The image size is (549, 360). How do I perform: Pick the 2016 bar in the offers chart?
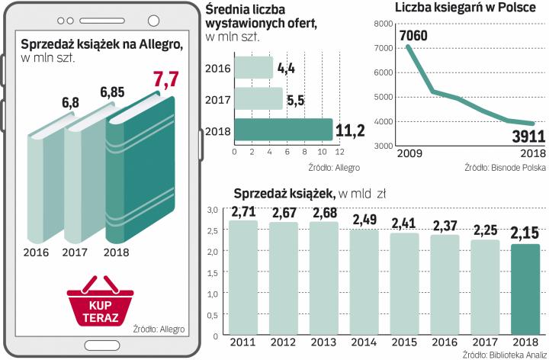click(253, 68)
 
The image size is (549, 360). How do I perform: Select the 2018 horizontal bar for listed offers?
click(283, 130)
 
